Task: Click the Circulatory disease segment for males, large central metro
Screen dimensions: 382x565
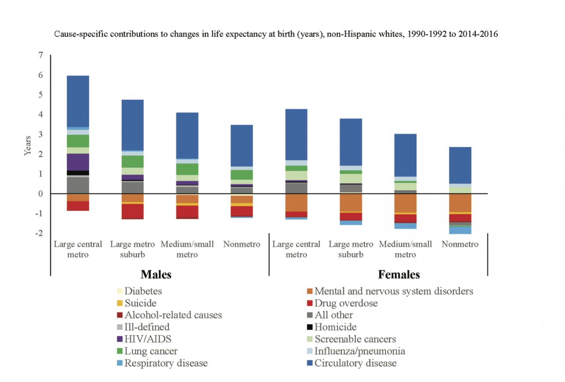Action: [78, 101]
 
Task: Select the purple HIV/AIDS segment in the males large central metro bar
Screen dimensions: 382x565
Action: [78, 162]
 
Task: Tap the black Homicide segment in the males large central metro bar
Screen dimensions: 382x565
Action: [78, 173]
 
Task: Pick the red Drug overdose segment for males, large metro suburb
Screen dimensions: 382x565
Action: [132, 211]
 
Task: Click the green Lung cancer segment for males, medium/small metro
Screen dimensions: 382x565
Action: [187, 169]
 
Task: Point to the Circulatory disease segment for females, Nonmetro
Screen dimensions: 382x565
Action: [460, 165]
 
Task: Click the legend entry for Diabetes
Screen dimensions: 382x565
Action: [143, 291]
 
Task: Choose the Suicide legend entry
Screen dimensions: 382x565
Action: [140, 303]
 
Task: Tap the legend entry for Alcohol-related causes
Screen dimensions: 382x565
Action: [173, 315]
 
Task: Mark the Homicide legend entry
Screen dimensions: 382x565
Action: [335, 327]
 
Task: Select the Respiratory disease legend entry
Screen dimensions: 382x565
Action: [166, 363]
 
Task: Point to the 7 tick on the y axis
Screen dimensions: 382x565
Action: [41, 55]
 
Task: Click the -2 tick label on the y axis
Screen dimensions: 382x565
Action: [39, 233]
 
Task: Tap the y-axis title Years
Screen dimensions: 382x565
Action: [27, 146]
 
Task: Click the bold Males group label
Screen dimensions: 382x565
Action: [156, 275]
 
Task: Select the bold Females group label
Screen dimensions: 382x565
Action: [399, 275]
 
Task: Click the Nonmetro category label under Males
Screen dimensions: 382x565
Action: [242, 244]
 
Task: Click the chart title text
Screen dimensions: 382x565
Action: [276, 34]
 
